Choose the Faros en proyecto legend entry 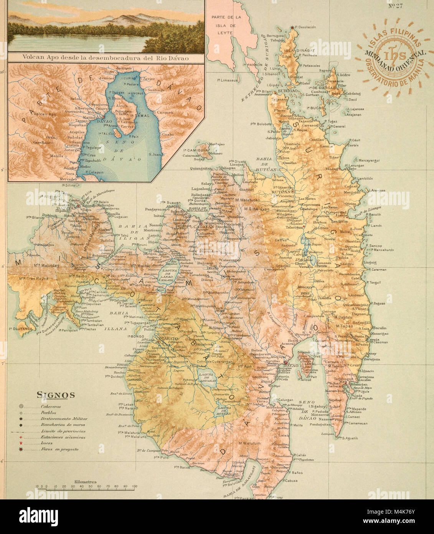(x=59, y=449)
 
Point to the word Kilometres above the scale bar (x=85, y=482)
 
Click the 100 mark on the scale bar (x=134, y=486)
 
